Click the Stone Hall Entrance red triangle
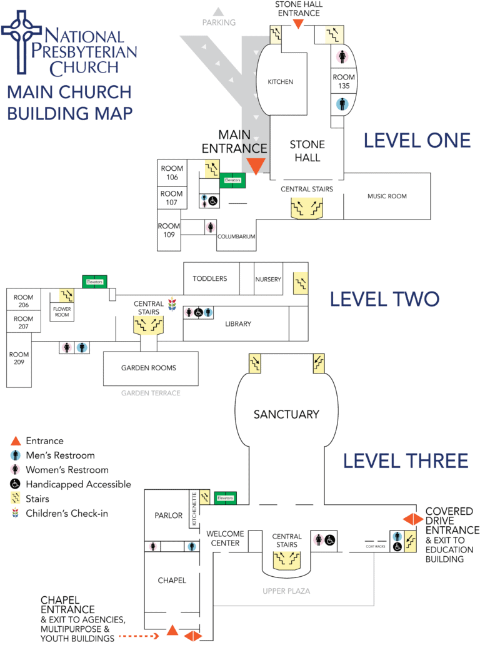tap(299, 24)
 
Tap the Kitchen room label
tap(281, 82)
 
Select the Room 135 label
tap(343, 81)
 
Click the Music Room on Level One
tap(387, 196)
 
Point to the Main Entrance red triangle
tap(255, 166)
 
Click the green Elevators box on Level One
tap(232, 180)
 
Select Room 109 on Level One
tap(169, 230)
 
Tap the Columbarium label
tap(236, 238)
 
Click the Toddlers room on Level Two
tap(209, 278)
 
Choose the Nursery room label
tap(268, 279)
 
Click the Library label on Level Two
tap(238, 323)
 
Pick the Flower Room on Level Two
tap(62, 311)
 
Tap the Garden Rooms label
tap(149, 368)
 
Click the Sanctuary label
tap(286, 414)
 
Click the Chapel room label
tap(171, 580)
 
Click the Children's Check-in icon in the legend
tap(16, 514)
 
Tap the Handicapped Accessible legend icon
tap(16, 484)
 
